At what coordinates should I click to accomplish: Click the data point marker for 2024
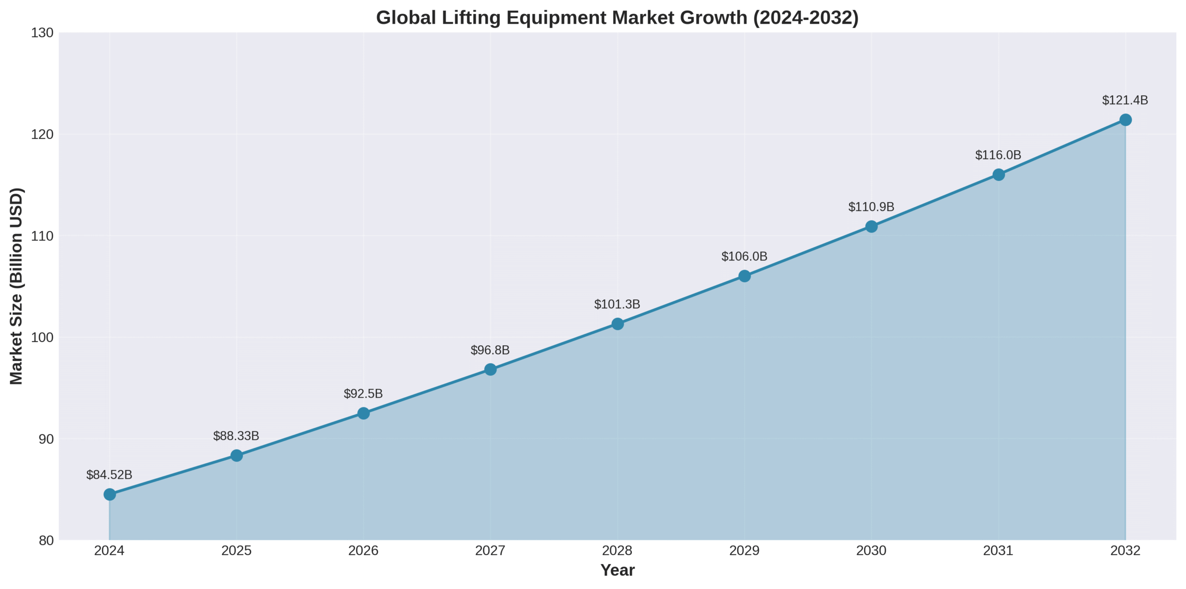click(x=109, y=494)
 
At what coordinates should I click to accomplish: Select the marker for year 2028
click(x=617, y=323)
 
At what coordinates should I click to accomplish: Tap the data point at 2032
click(x=1125, y=120)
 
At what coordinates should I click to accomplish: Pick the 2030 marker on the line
click(x=871, y=226)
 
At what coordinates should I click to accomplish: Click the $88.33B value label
click(x=236, y=436)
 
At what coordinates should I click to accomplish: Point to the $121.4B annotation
click(x=1124, y=100)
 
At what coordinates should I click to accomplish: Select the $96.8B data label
click(x=490, y=350)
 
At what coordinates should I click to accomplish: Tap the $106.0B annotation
click(x=744, y=256)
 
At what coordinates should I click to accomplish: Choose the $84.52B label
click(x=109, y=475)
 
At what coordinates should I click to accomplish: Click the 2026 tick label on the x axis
click(x=363, y=551)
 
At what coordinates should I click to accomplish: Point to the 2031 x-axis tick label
click(x=998, y=551)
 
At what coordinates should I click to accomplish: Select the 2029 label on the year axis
click(x=744, y=551)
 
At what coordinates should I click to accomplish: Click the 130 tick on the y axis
click(x=42, y=33)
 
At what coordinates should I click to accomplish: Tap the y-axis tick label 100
click(x=42, y=337)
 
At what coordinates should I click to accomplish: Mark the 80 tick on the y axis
click(x=46, y=540)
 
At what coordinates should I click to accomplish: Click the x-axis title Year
click(x=617, y=570)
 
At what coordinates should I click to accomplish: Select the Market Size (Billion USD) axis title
click(x=16, y=286)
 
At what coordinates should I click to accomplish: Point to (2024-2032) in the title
click(x=806, y=18)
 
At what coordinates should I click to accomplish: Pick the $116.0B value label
click(x=998, y=155)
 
